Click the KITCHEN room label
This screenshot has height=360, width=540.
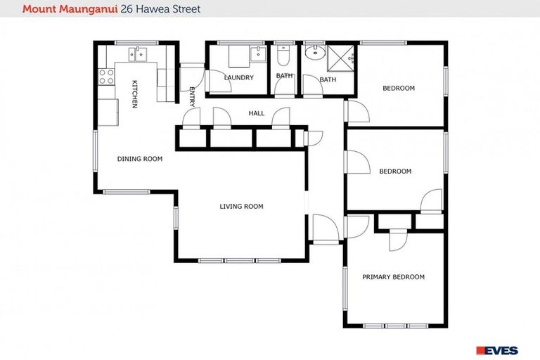point(134,94)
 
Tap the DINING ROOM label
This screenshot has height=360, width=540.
point(139,159)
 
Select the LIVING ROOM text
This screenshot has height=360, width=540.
point(241,207)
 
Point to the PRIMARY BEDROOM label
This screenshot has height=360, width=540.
point(393,277)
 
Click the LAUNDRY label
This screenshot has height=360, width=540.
point(238,77)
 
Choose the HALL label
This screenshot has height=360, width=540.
point(256,113)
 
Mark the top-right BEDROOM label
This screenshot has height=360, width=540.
point(398,88)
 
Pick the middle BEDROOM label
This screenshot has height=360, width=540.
point(394,171)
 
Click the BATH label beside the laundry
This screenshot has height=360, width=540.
point(284,76)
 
